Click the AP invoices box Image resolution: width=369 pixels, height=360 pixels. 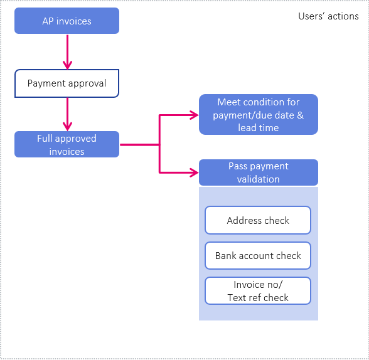[67, 21]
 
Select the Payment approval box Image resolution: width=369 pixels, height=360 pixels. [67, 83]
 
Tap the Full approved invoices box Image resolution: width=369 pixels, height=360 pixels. [67, 144]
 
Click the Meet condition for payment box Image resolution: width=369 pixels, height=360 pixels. [258, 115]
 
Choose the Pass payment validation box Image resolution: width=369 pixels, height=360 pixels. [258, 172]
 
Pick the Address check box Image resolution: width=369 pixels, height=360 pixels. [258, 220]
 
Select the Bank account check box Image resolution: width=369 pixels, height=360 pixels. [258, 255]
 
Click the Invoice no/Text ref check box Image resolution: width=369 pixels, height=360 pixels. [258, 291]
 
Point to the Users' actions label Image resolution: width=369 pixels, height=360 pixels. [328, 16]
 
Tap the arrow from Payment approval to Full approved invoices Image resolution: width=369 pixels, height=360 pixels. [67, 114]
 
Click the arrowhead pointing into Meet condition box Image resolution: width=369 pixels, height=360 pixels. [193, 115]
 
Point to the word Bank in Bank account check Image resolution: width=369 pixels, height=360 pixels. [226, 256]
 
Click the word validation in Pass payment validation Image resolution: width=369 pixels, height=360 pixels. [258, 179]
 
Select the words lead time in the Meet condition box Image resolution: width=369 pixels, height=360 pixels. [258, 128]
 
